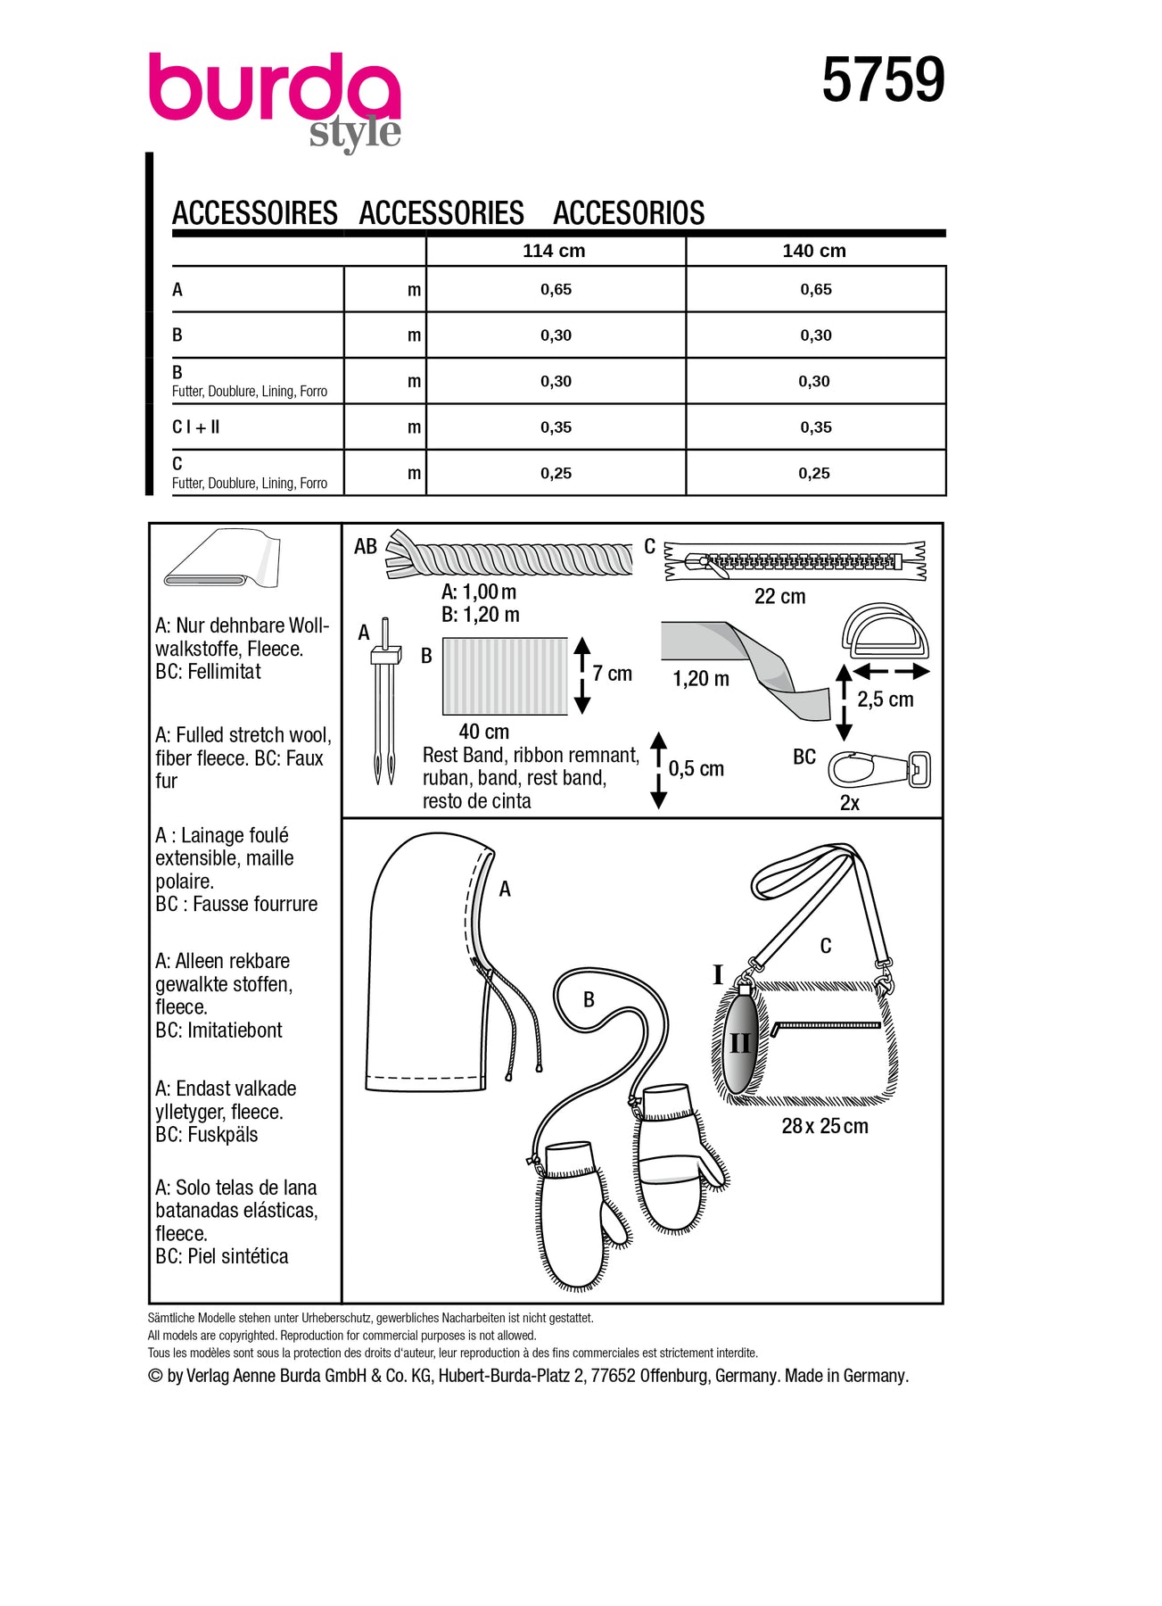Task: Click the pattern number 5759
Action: pyautogui.click(x=882, y=80)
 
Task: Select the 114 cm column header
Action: pyautogui.click(x=554, y=251)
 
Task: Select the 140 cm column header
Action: pyautogui.click(x=814, y=251)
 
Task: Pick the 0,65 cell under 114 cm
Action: pyautogui.click(x=556, y=289)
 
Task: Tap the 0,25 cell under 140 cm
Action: pyautogui.click(x=814, y=473)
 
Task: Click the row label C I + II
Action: pyautogui.click(x=196, y=427)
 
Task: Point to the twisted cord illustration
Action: pyautogui.click(x=513, y=558)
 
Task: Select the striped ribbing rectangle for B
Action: pyautogui.click(x=505, y=675)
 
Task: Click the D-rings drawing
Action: pyautogui.click(x=885, y=633)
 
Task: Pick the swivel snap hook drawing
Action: pyautogui.click(x=878, y=769)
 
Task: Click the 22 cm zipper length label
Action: pyautogui.click(x=779, y=596)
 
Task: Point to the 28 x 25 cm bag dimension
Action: pyautogui.click(x=824, y=1126)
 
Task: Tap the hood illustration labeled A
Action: pyautogui.click(x=428, y=973)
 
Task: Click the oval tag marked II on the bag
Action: pyautogui.click(x=740, y=1042)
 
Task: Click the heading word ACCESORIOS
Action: pyautogui.click(x=629, y=213)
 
